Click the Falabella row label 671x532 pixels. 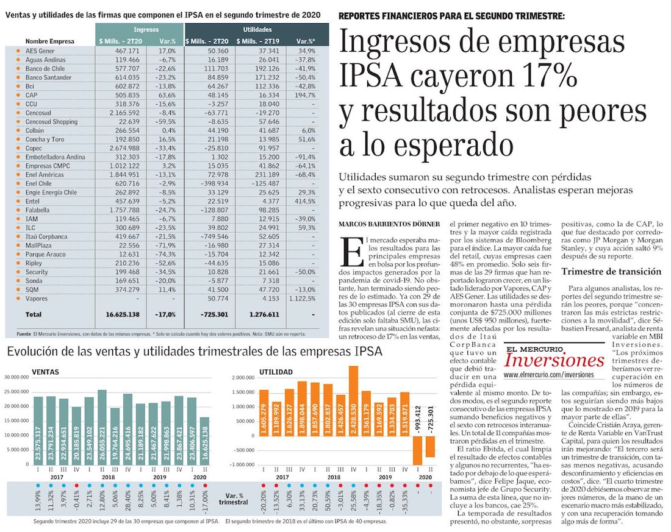(37, 209)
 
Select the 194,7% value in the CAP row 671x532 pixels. (310, 95)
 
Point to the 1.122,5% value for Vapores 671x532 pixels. (308, 298)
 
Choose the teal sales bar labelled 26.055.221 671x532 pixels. (102, 427)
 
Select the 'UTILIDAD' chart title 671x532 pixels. (276, 371)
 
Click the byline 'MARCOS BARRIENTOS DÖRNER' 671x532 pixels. (388, 225)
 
